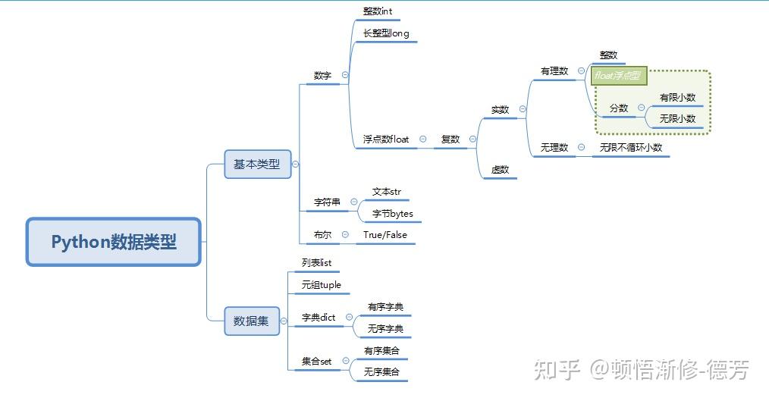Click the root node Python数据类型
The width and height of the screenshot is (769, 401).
coord(114,242)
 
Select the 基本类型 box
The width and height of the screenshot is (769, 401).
coord(257,164)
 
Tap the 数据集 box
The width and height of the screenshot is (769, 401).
coord(252,321)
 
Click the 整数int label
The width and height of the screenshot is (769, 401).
coord(378,11)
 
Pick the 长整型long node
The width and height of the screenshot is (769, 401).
coord(386,33)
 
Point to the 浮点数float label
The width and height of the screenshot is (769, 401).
coord(386,139)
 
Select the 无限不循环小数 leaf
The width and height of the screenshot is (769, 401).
coord(631,147)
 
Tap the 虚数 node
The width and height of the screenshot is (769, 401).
coord(500,170)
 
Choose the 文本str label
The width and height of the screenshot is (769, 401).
coord(386,192)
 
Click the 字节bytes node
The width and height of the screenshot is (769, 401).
coord(392,214)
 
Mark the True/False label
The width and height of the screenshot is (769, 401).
coord(384,235)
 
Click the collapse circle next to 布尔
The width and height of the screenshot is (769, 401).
coord(345,235)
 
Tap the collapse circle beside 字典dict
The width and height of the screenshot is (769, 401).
coord(350,318)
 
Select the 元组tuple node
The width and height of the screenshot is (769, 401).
coord(322,285)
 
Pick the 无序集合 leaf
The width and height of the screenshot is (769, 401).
coord(381,372)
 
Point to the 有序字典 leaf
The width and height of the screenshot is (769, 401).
coord(385,307)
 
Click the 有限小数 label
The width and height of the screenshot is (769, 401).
coord(677,97)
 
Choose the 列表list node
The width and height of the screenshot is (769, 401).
coord(317,263)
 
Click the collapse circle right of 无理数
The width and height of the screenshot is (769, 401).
coord(580,147)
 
